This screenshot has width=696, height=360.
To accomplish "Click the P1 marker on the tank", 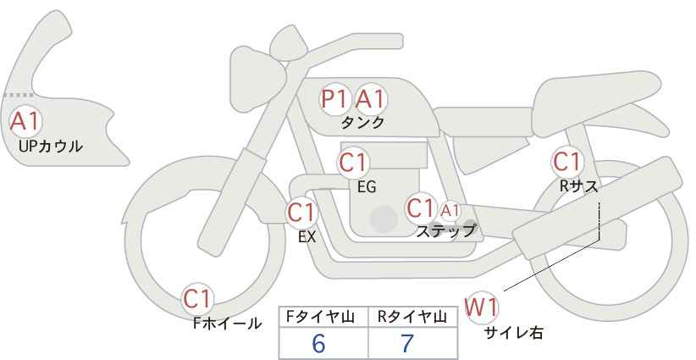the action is click(334, 99).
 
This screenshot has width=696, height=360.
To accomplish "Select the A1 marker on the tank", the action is click(370, 99).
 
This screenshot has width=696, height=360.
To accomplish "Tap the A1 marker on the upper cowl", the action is click(25, 122).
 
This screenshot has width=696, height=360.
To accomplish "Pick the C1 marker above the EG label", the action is click(353, 163).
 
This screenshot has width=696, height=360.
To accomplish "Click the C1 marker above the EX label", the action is click(301, 213).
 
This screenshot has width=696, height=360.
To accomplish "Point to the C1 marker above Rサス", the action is click(566, 162).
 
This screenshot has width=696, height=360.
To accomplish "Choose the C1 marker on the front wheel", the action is click(198, 299).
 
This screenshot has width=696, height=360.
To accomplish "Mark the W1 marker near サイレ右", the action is click(481, 307).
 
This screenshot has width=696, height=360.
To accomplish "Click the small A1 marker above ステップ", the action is click(450, 211).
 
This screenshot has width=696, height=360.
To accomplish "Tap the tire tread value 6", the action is click(318, 343).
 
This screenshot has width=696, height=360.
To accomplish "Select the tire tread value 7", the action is click(407, 343).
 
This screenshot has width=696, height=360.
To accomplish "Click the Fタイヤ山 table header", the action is click(320, 317).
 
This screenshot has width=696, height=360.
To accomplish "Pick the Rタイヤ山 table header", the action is click(412, 317).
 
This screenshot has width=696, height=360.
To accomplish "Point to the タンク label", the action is click(362, 123).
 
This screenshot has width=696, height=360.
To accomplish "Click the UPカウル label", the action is click(50, 146).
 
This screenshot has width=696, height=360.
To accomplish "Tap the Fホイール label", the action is click(227, 324).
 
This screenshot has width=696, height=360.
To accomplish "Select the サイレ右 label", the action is click(513, 333).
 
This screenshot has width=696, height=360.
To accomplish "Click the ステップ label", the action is click(446, 231).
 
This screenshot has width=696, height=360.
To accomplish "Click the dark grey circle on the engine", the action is click(384, 219).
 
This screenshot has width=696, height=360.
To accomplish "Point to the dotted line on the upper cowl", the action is click(18, 95).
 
